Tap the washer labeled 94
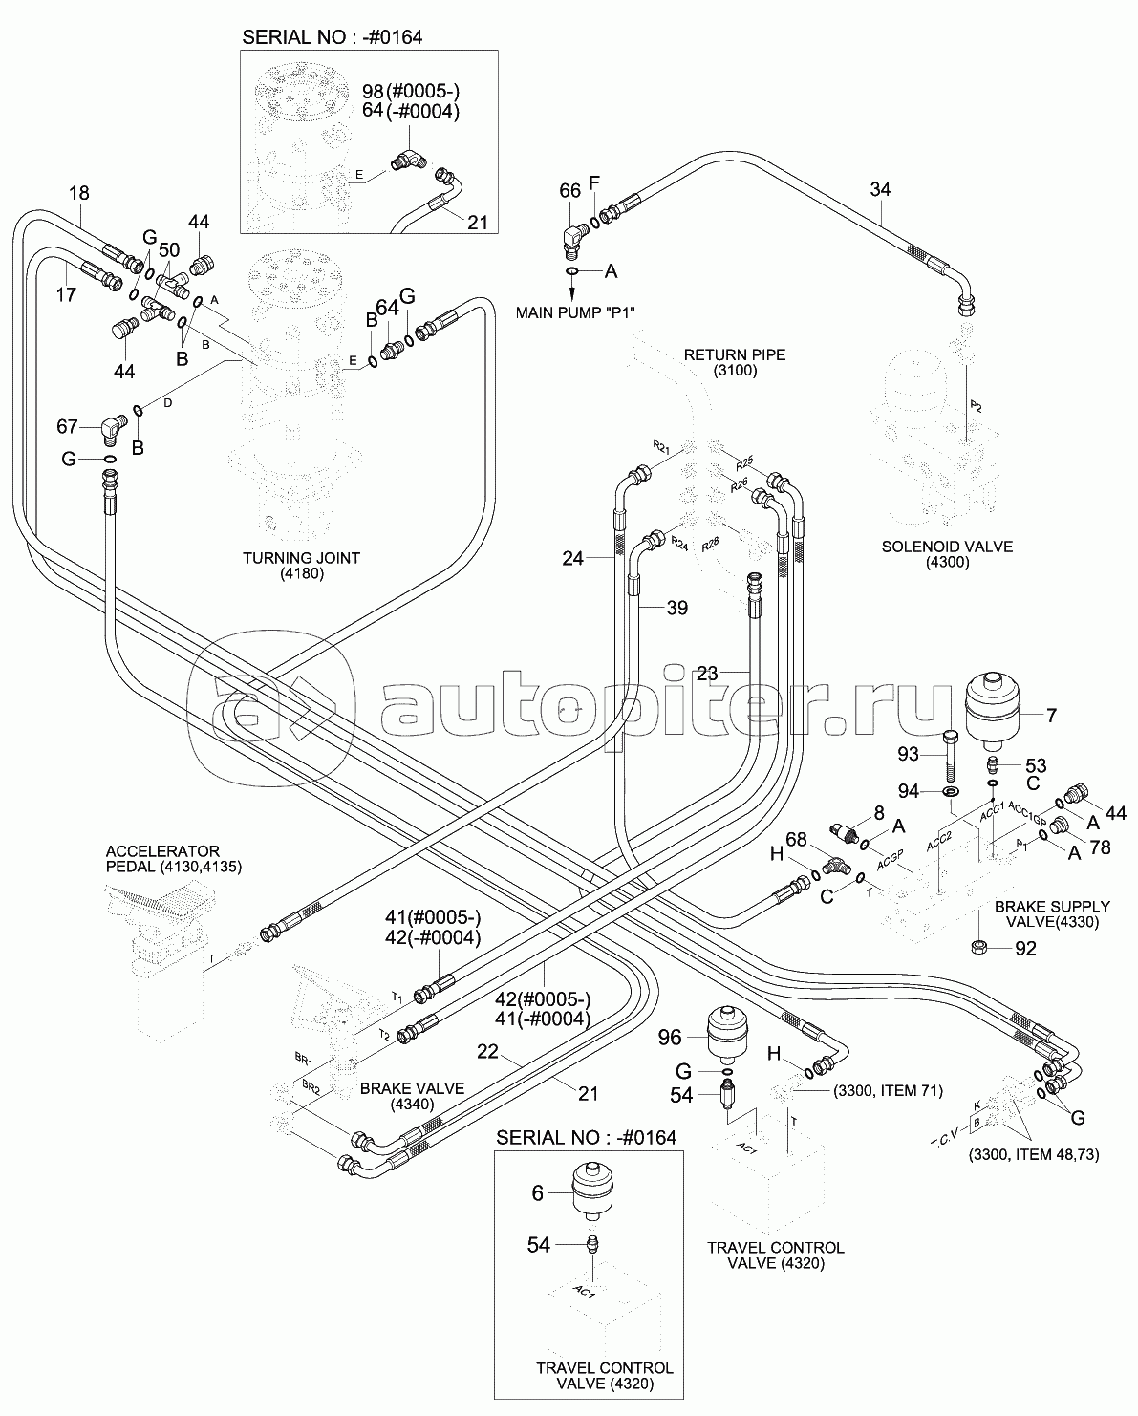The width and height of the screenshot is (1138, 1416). (952, 792)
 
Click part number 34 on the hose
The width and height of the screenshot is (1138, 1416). (879, 189)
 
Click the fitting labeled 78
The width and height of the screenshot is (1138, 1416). (1059, 824)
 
